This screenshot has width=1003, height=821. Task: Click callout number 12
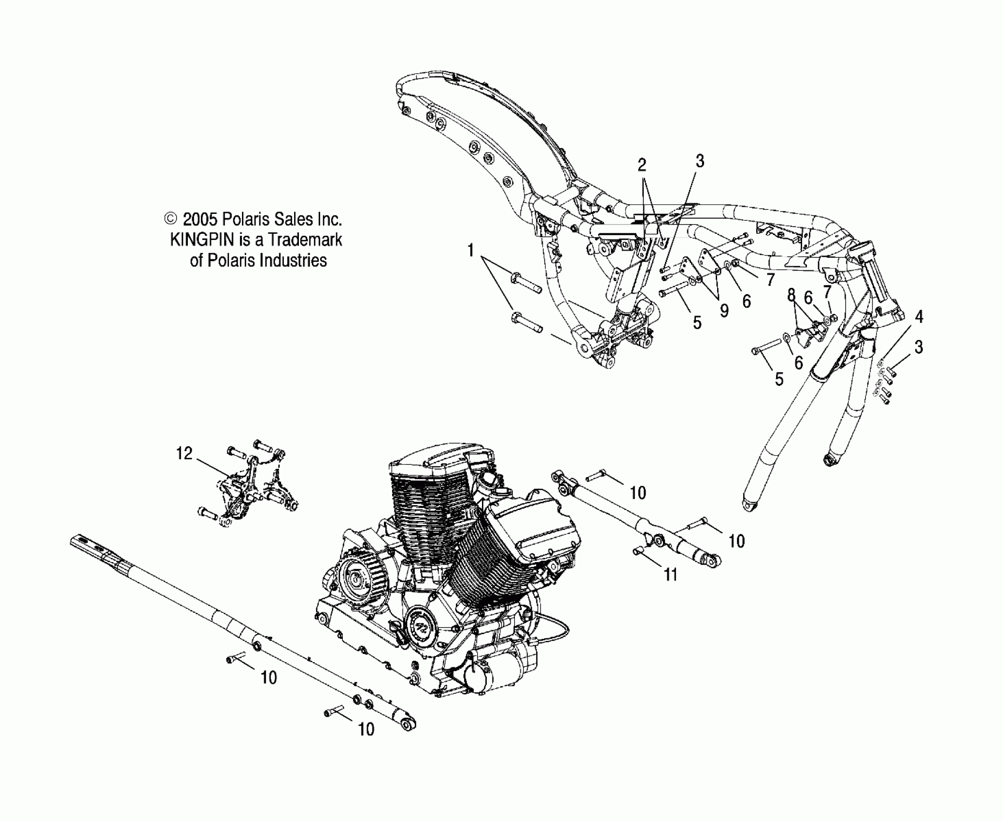tap(184, 453)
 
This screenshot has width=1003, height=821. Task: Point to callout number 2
tap(641, 165)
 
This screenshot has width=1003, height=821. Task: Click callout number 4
tap(919, 317)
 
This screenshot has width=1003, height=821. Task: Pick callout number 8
tap(791, 295)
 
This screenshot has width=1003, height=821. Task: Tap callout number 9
tap(724, 311)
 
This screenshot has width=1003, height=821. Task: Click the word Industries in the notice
tap(293, 260)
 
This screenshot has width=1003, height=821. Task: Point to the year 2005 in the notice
tap(200, 219)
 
